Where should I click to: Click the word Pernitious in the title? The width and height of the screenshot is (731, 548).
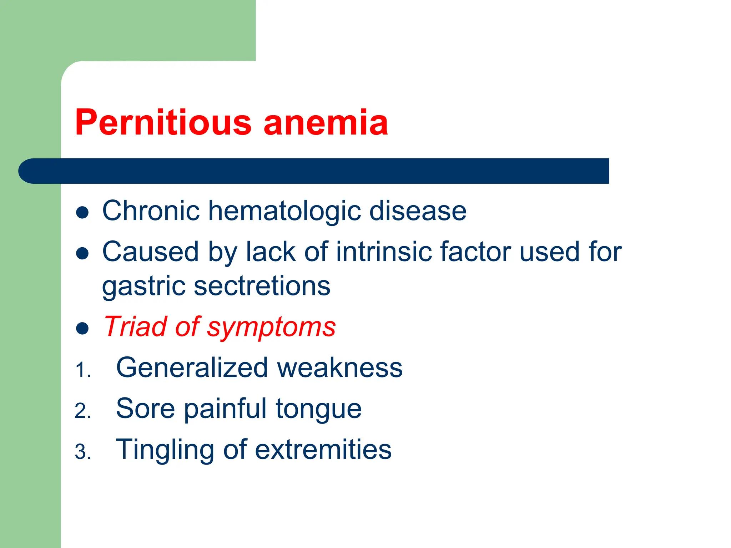(x=163, y=122)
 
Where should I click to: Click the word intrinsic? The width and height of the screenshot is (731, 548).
(x=383, y=252)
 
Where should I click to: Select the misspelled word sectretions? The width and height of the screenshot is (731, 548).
(x=262, y=286)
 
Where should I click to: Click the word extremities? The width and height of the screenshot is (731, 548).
(x=323, y=450)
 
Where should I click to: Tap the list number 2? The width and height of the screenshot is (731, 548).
(x=82, y=411)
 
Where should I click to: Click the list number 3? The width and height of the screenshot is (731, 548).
(x=82, y=452)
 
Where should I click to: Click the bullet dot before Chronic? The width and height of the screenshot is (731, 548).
(x=82, y=213)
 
